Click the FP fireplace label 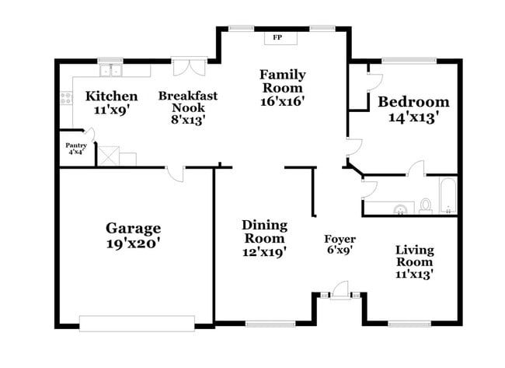point(277,37)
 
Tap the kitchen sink point(111,70)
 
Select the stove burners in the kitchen point(67,98)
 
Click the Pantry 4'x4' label point(76,149)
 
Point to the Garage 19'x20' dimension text point(134,244)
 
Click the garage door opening point(137,324)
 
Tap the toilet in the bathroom point(426,206)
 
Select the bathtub point(448,195)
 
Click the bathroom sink point(400,209)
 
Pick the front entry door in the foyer point(340,290)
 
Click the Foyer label point(340,239)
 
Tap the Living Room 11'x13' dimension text point(414,275)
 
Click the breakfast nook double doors point(190,67)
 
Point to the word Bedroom point(413,102)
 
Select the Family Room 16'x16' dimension point(283,101)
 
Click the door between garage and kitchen point(176,174)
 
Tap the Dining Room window point(270,324)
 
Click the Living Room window point(409,324)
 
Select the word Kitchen point(111,96)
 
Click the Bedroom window point(409,61)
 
